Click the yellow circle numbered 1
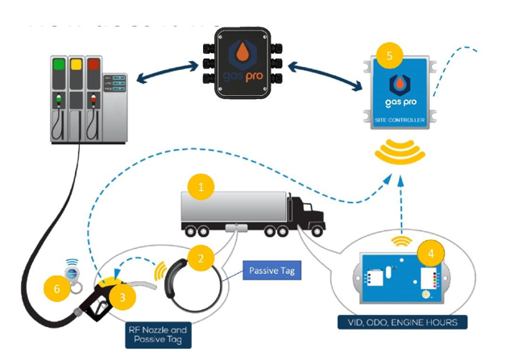[201, 187]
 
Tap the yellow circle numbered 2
[201, 258]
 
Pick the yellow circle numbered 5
[391, 55]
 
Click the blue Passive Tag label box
[272, 271]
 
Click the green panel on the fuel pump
[58, 64]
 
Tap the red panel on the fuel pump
[95, 64]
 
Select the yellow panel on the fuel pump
[77, 64]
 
